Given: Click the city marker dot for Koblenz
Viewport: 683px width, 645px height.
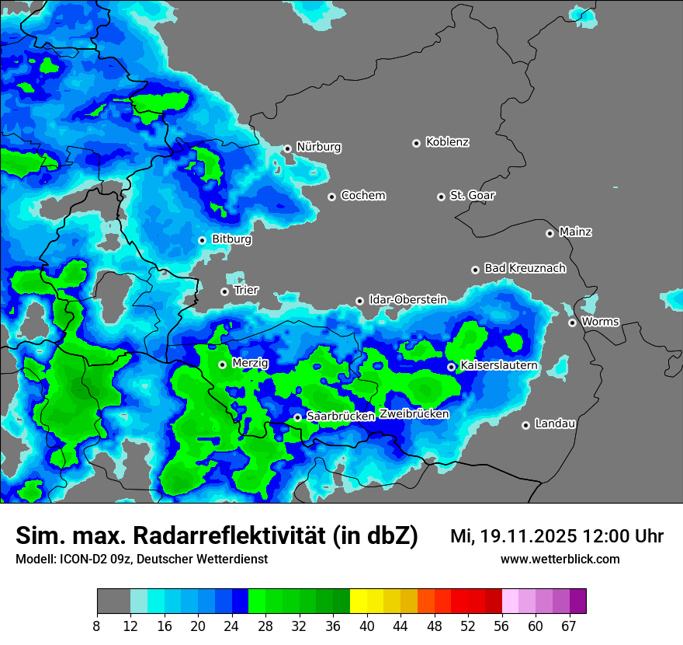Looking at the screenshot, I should click(x=417, y=143).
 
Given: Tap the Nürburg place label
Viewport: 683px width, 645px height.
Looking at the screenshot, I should click(x=318, y=147).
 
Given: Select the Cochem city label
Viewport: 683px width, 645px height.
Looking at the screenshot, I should click(x=362, y=196).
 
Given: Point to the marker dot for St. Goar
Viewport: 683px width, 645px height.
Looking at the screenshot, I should click(x=441, y=197).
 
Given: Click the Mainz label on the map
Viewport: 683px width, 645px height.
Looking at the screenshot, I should click(x=575, y=232).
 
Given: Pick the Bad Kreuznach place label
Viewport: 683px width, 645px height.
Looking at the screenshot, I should click(x=525, y=268).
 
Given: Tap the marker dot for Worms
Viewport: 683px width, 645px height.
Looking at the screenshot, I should click(x=572, y=322).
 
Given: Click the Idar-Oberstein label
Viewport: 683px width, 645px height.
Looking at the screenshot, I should click(x=407, y=299).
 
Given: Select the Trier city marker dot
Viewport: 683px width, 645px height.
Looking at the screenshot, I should click(x=225, y=291).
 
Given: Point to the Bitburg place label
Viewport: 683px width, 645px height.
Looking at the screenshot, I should click(x=231, y=239).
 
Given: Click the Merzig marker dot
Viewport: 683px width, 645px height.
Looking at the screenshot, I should click(x=222, y=364).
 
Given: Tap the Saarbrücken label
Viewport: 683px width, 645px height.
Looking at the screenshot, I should click(x=341, y=417).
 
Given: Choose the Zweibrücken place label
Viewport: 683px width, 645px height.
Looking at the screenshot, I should click(x=414, y=414).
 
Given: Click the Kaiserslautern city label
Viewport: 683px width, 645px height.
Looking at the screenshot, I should click(x=498, y=365).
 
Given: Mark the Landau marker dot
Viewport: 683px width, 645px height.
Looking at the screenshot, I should click(x=525, y=425).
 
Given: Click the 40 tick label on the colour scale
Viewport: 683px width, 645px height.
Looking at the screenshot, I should click(x=367, y=626).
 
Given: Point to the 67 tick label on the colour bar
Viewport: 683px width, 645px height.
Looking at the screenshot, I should click(x=569, y=626).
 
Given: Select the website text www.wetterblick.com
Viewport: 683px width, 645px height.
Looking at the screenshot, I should click(x=560, y=560).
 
